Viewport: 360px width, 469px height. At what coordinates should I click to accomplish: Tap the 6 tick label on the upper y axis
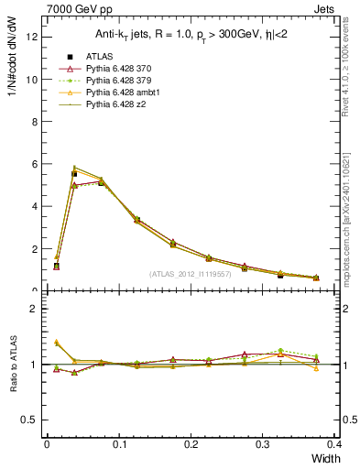pos(34,164)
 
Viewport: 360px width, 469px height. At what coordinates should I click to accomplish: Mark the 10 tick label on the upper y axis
pos(31,79)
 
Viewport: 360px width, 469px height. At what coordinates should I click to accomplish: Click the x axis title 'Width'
pos(326,457)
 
